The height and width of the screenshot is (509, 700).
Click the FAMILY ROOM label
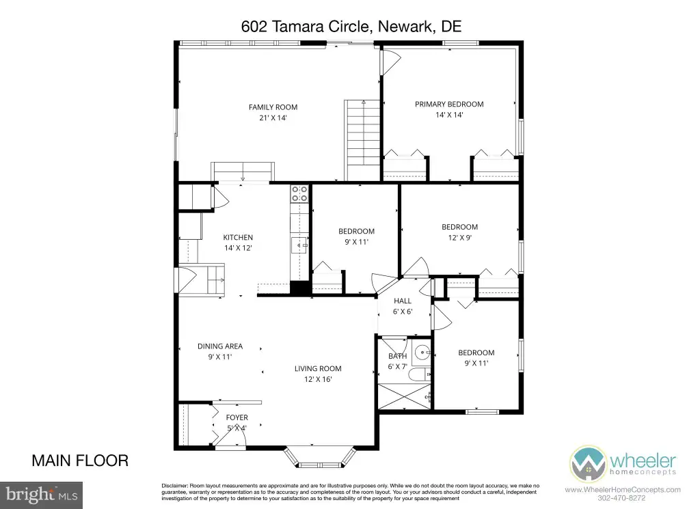tap(273, 107)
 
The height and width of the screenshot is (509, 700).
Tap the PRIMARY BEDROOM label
tap(449, 104)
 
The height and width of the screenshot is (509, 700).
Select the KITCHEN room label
tap(238, 237)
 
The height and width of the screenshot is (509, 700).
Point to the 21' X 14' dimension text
tap(273, 118)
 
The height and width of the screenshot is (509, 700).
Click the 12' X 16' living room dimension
tap(318, 379)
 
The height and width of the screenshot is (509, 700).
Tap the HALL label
tap(403, 301)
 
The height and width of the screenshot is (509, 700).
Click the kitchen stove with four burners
tap(299, 193)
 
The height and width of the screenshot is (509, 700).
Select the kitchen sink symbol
tap(299, 245)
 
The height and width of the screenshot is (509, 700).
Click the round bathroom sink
tap(421, 353)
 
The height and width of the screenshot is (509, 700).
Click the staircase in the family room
tap(362, 140)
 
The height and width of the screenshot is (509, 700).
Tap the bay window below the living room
tap(320, 456)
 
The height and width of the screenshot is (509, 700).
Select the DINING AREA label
tap(220, 346)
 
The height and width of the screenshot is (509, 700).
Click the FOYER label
tap(237, 417)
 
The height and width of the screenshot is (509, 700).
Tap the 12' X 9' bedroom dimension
tap(460, 237)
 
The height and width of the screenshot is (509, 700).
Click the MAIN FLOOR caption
tap(80, 460)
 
